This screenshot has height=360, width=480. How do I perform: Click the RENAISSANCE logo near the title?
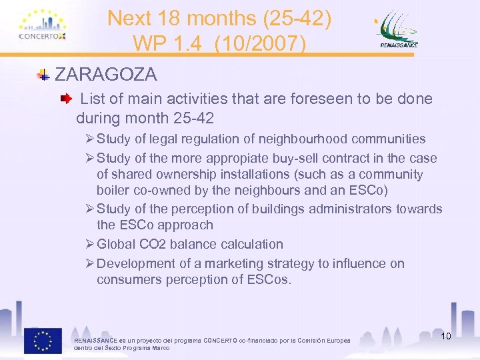(399, 30)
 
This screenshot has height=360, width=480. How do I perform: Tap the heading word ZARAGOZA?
(106, 73)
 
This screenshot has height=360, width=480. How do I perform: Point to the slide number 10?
(445, 335)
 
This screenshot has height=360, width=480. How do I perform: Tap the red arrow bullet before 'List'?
(65, 99)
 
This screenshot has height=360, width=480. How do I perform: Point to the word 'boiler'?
(115, 190)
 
